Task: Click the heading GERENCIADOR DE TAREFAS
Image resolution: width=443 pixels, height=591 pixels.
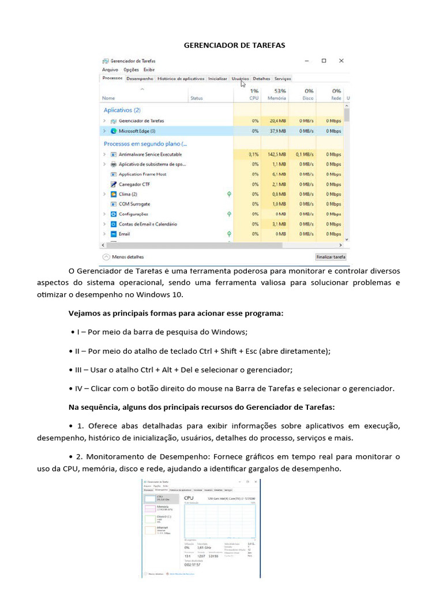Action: (234, 45)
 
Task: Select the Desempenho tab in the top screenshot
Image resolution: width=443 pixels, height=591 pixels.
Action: (140, 78)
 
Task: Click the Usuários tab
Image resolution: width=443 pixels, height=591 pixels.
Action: (240, 78)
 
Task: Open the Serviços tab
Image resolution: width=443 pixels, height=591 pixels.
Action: (283, 78)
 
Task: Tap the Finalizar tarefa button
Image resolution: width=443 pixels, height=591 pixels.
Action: (331, 257)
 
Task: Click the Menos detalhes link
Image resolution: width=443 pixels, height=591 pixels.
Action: (128, 257)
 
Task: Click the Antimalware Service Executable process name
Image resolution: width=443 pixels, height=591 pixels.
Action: (150, 155)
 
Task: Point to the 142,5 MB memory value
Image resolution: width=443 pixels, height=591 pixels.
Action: (276, 155)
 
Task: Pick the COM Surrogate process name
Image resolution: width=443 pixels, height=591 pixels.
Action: (134, 204)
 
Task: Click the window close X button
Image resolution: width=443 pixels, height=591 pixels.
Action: (341, 61)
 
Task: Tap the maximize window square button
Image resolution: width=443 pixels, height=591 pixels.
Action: (324, 61)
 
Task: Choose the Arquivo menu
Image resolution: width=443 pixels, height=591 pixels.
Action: (110, 69)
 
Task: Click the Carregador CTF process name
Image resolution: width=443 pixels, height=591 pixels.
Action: (134, 184)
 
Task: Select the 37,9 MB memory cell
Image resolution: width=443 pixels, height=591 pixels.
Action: (277, 131)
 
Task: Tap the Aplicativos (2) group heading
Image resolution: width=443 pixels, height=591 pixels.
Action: (122, 110)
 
